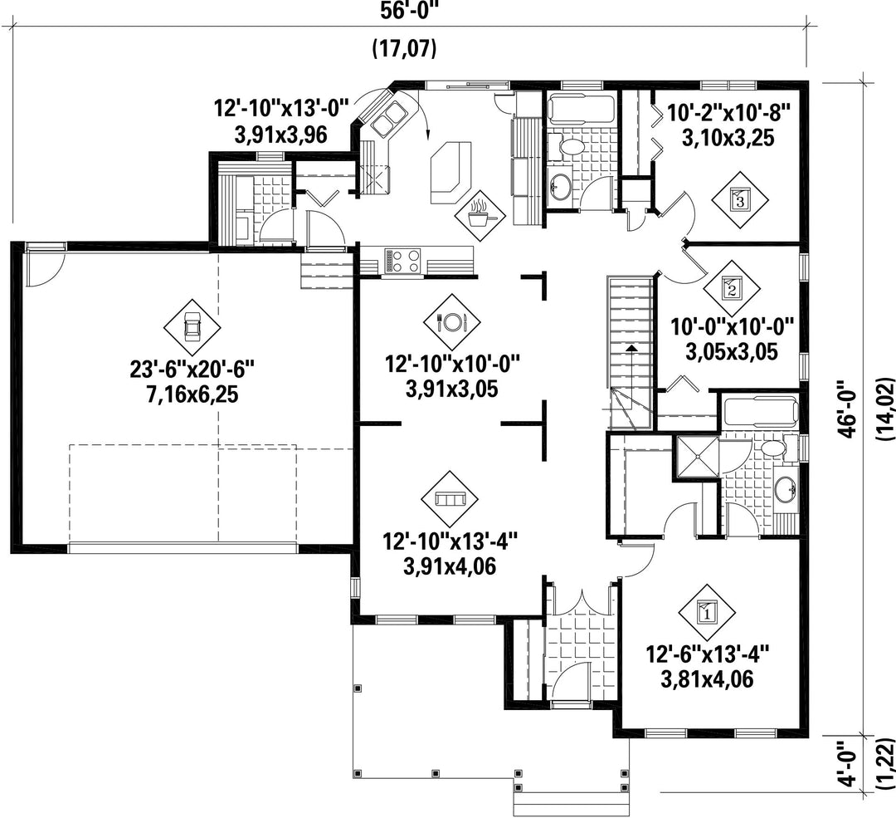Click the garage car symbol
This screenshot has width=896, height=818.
[x=192, y=328]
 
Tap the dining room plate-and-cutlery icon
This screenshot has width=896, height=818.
[x=451, y=322]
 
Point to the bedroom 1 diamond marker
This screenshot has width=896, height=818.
[x=707, y=613]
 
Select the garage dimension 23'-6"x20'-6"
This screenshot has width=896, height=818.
[x=192, y=370]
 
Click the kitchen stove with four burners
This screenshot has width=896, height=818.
[x=402, y=262]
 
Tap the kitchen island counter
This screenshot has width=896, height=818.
[x=451, y=172]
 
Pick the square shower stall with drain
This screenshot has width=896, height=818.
[x=696, y=457]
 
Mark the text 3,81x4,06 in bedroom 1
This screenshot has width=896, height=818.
[x=707, y=679]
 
